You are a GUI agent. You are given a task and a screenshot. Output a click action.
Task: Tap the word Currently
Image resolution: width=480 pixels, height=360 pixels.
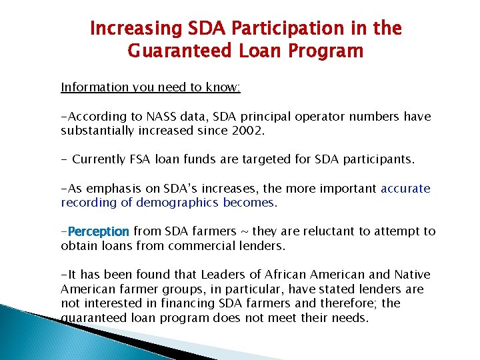click(99, 159)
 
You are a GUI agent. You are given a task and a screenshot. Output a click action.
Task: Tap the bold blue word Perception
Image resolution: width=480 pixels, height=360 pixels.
click(97, 232)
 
